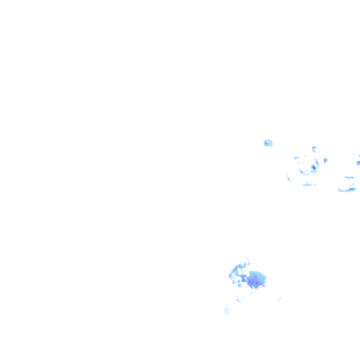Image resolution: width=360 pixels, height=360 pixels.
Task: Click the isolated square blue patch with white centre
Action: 268,143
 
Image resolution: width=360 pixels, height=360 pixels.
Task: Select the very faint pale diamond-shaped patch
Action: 227,310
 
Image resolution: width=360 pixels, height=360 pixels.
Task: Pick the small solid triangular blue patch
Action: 326,160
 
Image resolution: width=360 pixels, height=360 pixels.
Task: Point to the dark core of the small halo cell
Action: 314,167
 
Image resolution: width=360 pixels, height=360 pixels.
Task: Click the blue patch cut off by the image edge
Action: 358,163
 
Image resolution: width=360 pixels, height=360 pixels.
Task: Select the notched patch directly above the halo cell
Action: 314,149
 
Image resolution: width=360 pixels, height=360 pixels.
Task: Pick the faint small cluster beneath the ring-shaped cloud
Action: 239,299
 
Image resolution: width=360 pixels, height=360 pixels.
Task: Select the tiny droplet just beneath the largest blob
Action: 251,293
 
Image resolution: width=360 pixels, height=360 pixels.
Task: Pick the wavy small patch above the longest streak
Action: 349,178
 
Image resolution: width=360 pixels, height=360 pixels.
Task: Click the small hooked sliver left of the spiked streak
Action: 289,179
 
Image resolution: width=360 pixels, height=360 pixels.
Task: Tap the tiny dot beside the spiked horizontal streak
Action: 315,185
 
